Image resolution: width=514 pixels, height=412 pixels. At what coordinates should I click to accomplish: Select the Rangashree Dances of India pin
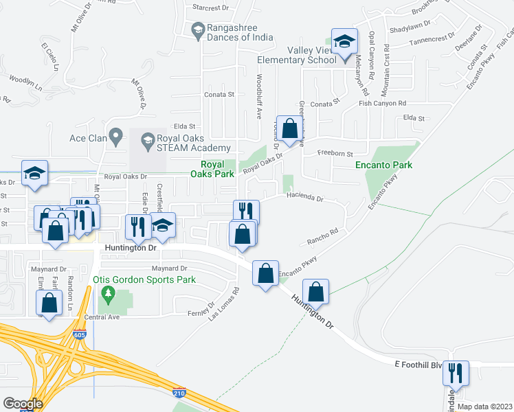pos(198,30)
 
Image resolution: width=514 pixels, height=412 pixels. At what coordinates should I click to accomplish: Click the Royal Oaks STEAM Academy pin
pos(147,143)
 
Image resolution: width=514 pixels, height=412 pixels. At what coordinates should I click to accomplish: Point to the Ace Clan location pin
pos(115,138)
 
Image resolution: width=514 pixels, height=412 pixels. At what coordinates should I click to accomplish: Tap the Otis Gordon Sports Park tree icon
pos(106,294)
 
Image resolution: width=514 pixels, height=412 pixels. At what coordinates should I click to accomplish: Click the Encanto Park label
pos(383,165)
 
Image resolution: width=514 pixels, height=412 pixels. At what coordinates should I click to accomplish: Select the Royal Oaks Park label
pos(217,169)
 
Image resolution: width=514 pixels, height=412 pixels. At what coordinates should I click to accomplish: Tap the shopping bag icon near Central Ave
pos(49,304)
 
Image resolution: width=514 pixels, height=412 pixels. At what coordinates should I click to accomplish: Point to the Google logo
pos(23,404)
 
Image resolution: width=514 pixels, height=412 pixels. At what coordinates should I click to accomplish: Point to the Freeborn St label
pos(335,154)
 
